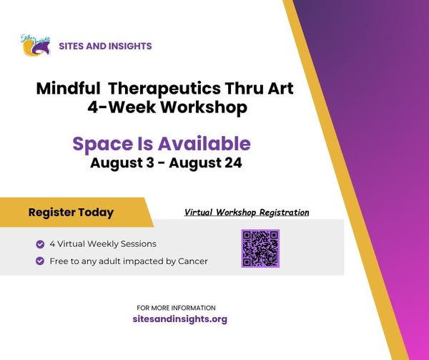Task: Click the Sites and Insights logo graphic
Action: pos(36,45)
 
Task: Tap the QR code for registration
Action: pos(260,248)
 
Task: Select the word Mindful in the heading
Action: pos(68,89)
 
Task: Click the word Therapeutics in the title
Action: pos(164,89)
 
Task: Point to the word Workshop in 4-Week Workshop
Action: pos(204,107)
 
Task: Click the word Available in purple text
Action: pos(204,143)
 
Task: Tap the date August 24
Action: pos(205,163)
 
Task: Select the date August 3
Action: pos(122,163)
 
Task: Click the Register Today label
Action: pos(71,213)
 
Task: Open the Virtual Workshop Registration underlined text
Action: pos(247,212)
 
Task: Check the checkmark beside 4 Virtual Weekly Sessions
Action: pos(40,244)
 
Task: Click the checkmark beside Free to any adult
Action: pos(40,261)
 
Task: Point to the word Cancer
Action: pos(193,261)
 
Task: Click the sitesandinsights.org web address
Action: pos(179,319)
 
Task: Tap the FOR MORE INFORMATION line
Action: pos(176,308)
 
